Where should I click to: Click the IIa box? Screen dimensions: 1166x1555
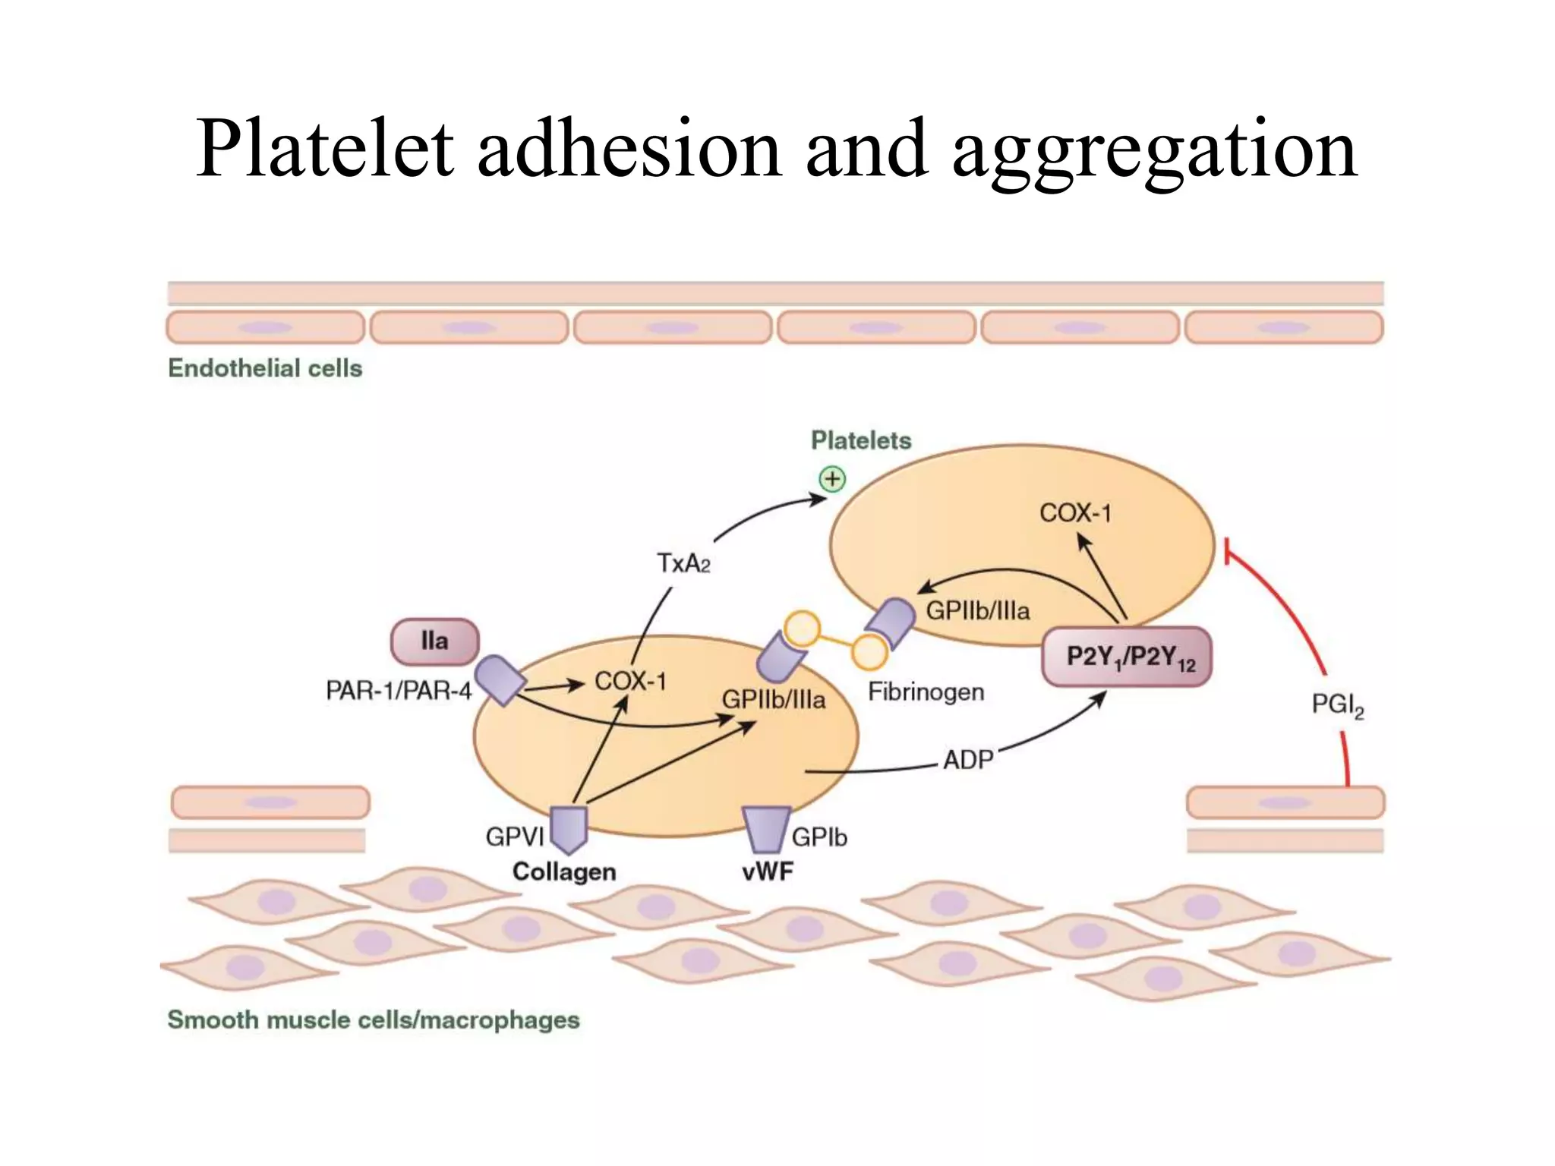[x=434, y=641]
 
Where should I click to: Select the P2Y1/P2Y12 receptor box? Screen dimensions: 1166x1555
[x=1127, y=657]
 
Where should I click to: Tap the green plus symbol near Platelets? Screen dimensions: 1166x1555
[x=832, y=479]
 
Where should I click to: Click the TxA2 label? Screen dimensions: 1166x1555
[x=683, y=563]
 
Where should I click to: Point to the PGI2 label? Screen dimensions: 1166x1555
[x=1337, y=705]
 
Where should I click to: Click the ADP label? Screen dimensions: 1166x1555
[x=968, y=759]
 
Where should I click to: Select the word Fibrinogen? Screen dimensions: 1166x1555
[x=926, y=692]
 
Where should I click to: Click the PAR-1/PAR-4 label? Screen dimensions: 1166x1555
[x=399, y=690]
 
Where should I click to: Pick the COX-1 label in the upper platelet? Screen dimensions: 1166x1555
[x=1074, y=513]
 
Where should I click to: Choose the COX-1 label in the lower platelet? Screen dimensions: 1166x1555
[x=630, y=681]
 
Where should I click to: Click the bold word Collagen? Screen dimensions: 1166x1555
[x=564, y=871]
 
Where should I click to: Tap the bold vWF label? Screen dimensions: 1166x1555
[x=768, y=871]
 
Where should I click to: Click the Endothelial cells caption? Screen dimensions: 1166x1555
[x=265, y=368]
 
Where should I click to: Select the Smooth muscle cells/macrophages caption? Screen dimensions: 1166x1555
[x=373, y=1019]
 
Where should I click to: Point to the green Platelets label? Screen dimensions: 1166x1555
[x=860, y=440]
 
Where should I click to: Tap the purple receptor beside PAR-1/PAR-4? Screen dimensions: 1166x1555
[x=500, y=679]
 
